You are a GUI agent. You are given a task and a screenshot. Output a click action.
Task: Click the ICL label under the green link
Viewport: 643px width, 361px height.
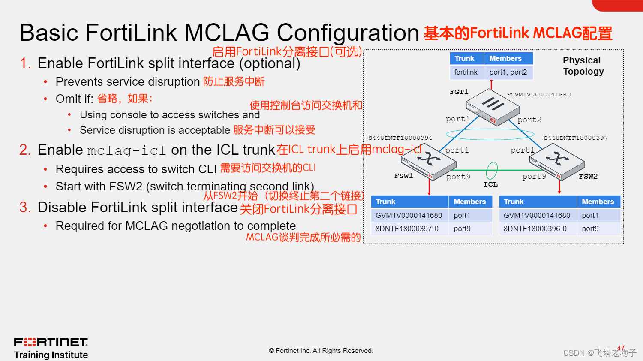(490, 184)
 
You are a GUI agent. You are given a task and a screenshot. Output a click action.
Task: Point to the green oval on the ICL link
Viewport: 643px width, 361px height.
(492, 170)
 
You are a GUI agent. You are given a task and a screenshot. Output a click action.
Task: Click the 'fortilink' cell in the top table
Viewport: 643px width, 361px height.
(466, 72)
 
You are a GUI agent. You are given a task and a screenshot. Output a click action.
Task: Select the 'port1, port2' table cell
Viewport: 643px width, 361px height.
(508, 72)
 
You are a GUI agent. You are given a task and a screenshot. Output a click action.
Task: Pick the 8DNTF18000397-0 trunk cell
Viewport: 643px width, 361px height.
(407, 229)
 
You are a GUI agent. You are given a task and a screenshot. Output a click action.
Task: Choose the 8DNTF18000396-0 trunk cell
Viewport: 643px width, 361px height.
(535, 229)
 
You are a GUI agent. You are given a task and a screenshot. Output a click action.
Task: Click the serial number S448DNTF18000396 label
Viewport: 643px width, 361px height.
(400, 138)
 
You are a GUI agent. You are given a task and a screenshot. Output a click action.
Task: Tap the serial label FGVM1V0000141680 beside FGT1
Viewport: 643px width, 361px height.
(539, 95)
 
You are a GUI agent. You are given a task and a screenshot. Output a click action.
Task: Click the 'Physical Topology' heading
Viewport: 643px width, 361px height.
(583, 66)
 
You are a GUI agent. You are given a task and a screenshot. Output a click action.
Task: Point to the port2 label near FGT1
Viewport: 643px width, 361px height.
(529, 120)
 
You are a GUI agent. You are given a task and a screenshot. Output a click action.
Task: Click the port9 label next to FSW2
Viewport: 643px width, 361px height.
(534, 177)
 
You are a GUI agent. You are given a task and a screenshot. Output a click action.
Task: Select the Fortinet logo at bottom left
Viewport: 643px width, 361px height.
(51, 342)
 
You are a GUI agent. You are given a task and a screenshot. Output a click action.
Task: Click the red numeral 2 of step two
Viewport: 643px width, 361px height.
(25, 150)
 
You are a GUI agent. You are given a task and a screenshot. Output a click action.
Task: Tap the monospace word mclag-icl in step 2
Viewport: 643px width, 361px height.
(126, 150)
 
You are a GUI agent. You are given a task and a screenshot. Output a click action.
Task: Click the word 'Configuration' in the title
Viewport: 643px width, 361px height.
(348, 33)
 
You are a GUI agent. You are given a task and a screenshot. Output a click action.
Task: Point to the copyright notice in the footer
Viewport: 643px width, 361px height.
(321, 351)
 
